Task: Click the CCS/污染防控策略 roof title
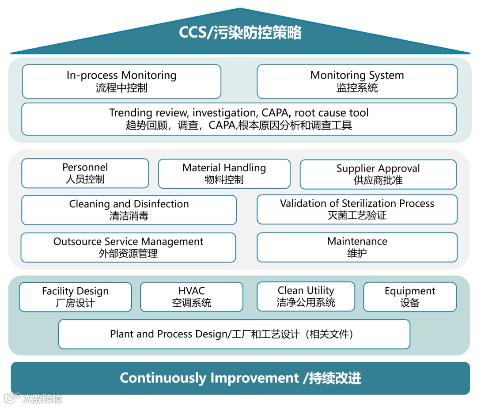pyautogui.click(x=240, y=33)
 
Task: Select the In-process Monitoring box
pyautogui.click(x=121, y=81)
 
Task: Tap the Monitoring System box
pyautogui.click(x=357, y=81)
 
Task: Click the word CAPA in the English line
pyautogui.click(x=274, y=113)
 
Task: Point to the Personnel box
pyautogui.click(x=85, y=173)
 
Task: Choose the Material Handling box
pyautogui.click(x=224, y=174)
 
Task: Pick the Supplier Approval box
pyautogui.click(x=378, y=174)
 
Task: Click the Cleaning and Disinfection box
pyautogui.click(x=129, y=210)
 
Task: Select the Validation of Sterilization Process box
pyautogui.click(x=357, y=209)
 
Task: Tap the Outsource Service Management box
pyautogui.click(x=128, y=247)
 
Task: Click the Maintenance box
pyautogui.click(x=357, y=247)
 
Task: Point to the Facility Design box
pyautogui.click(x=76, y=297)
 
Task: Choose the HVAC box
pyautogui.click(x=192, y=297)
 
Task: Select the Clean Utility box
pyautogui.click(x=306, y=296)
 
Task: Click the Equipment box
pyautogui.click(x=410, y=297)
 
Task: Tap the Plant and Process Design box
pyautogui.click(x=234, y=334)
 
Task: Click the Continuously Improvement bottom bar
pyautogui.click(x=240, y=378)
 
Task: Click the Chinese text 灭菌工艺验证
pyautogui.click(x=357, y=215)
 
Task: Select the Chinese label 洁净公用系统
pyautogui.click(x=306, y=302)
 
